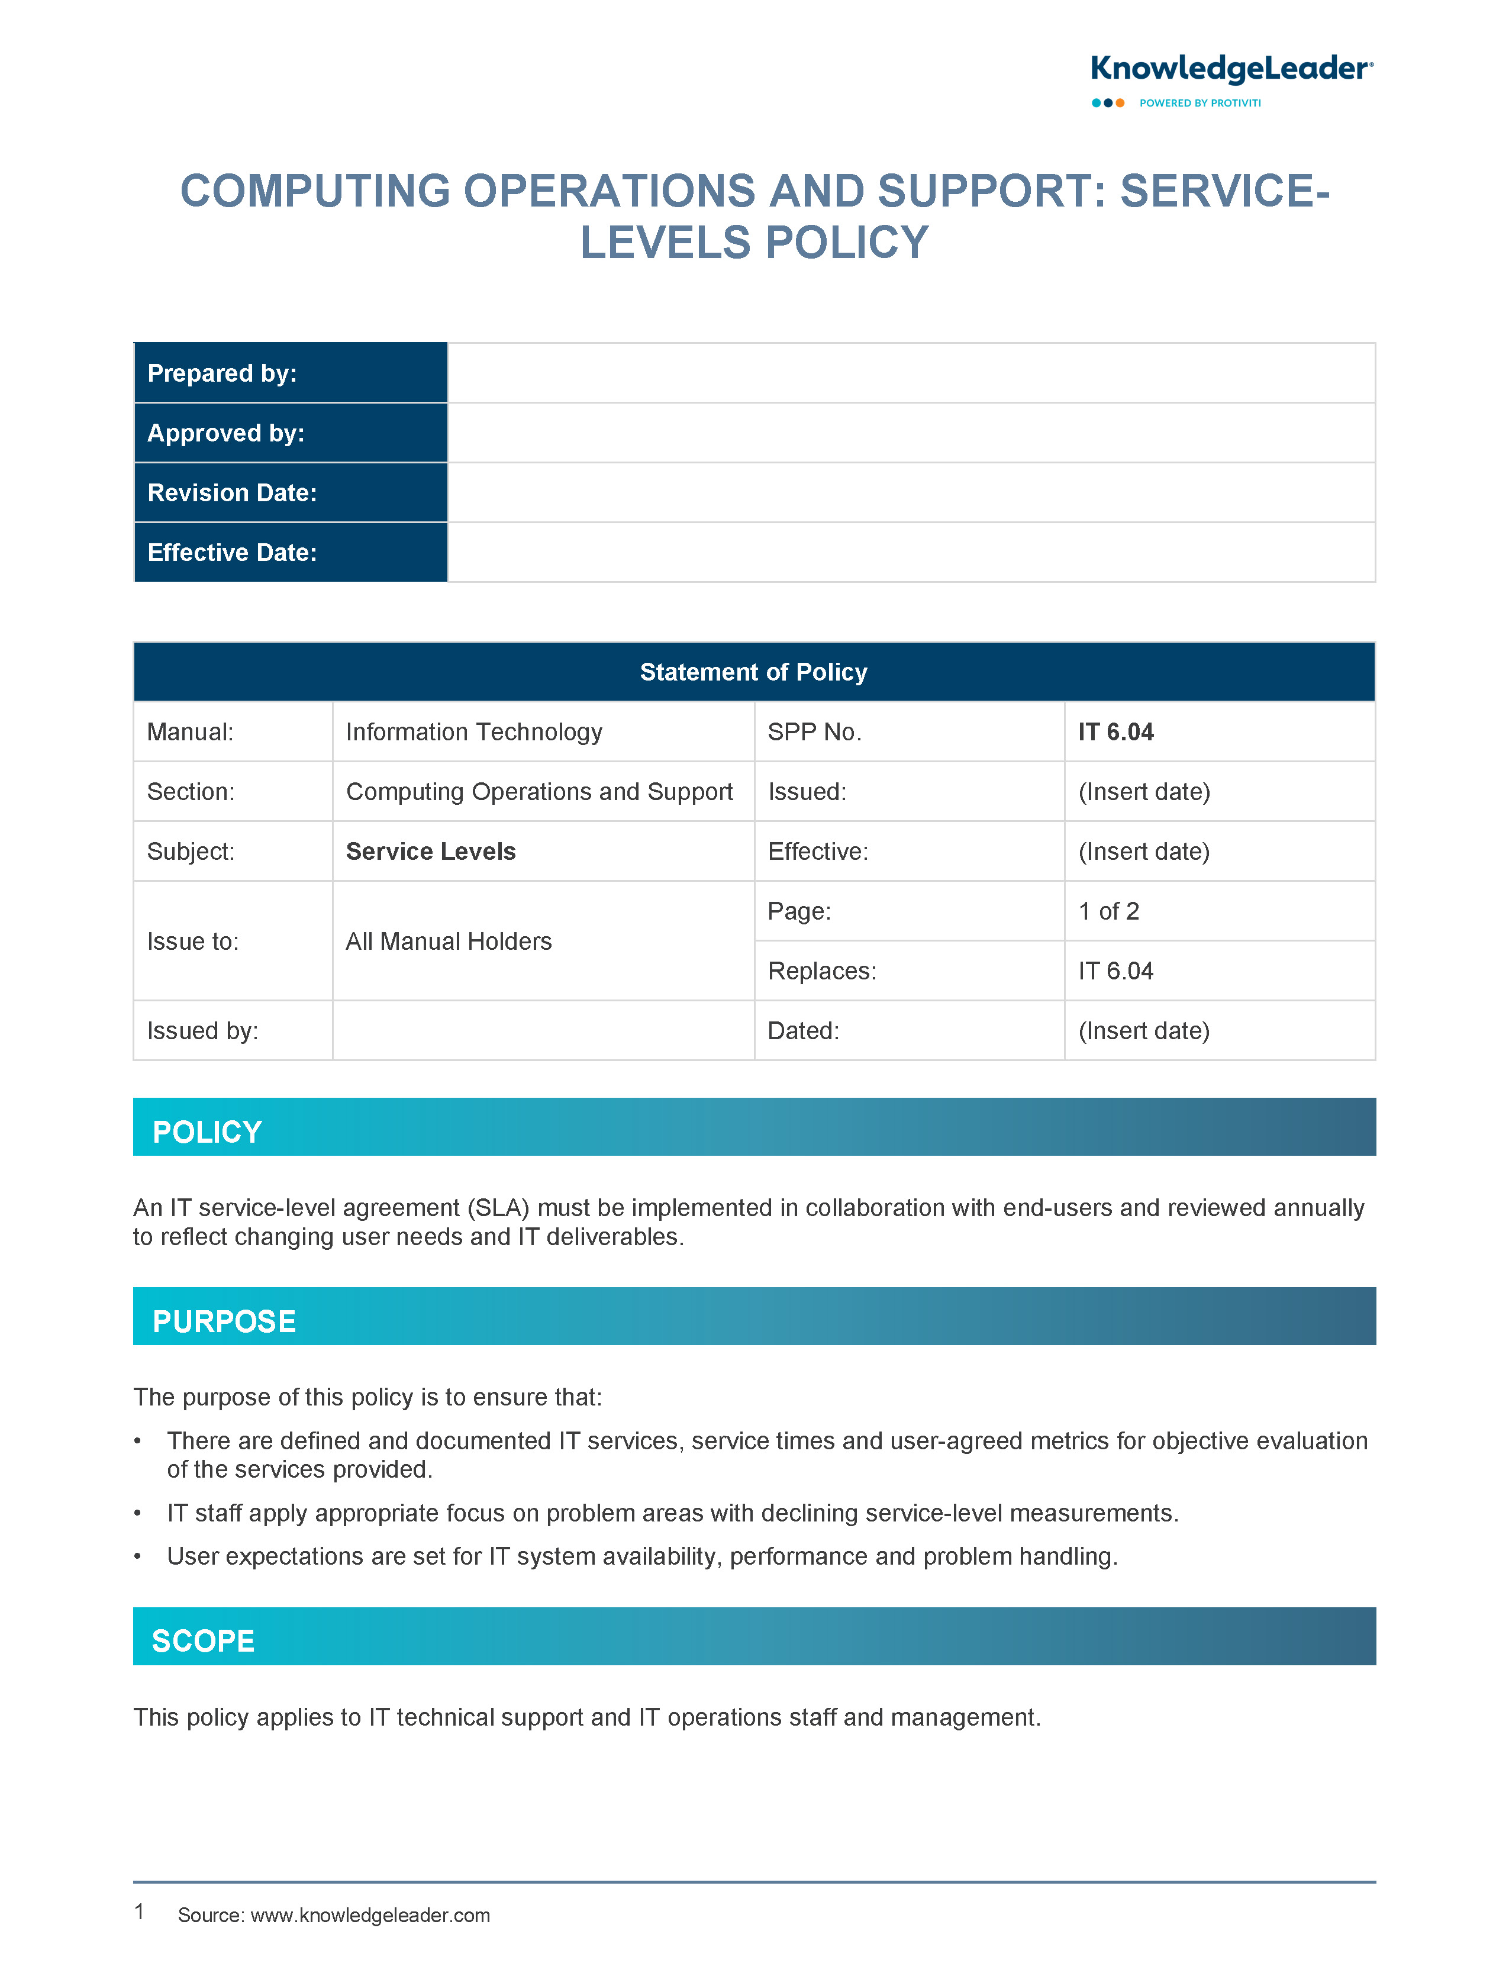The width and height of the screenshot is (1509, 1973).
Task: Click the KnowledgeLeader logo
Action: (x=1230, y=79)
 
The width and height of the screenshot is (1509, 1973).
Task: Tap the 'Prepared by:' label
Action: (x=222, y=373)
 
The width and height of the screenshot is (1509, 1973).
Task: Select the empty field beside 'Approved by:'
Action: (x=911, y=433)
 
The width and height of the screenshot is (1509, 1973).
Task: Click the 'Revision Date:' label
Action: (x=232, y=492)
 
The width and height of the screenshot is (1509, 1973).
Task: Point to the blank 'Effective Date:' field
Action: (x=911, y=552)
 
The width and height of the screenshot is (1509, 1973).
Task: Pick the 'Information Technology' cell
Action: (x=473, y=732)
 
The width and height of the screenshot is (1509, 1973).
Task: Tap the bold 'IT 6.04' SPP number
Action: (x=1115, y=732)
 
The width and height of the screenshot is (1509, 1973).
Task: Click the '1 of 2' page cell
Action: (x=1108, y=911)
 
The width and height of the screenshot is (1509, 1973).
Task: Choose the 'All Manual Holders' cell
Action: (x=448, y=941)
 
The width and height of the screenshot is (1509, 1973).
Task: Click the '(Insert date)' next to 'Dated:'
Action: (x=1143, y=1030)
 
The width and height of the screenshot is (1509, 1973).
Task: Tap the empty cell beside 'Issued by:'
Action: (x=543, y=1030)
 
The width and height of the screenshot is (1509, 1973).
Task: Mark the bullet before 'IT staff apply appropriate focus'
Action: (x=137, y=1513)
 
